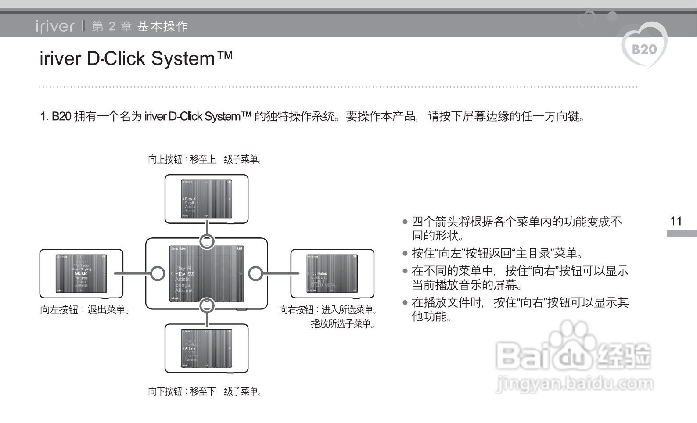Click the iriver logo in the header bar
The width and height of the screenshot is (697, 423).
point(55,26)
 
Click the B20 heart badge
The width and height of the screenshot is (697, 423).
point(644,48)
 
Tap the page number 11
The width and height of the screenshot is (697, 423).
point(676,221)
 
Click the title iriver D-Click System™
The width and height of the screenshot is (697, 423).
point(136,59)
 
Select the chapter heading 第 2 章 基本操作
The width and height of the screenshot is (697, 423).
point(140,26)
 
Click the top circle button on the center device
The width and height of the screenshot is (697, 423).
point(207,241)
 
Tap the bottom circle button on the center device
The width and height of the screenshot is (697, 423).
point(207,305)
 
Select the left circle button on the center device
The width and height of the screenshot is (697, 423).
point(158,273)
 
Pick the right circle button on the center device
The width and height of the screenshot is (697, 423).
point(255,273)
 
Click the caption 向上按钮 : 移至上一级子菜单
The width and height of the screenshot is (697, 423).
point(205,159)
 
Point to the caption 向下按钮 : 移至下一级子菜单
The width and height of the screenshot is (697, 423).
point(205,391)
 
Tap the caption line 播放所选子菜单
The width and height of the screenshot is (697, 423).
point(342,324)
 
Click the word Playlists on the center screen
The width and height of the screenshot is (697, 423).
point(185,273)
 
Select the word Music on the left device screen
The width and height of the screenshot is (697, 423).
point(81,273)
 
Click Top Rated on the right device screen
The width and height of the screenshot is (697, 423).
point(319,273)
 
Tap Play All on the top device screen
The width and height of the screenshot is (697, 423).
point(191,199)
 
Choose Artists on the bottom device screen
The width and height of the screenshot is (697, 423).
point(190,348)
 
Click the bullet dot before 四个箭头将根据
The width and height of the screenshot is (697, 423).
point(405,222)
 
